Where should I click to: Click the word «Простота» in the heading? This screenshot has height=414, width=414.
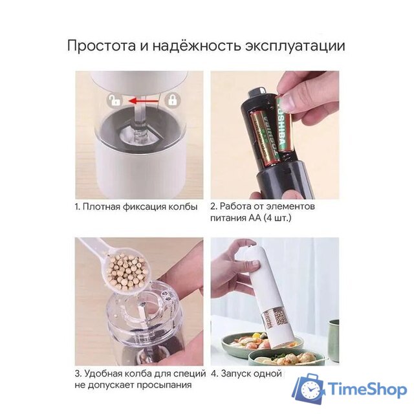100,46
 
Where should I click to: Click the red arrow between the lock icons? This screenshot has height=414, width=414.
143,100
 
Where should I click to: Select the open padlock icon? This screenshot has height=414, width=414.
114,100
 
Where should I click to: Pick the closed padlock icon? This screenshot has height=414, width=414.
173,100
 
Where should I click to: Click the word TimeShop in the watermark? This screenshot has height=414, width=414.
366,390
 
